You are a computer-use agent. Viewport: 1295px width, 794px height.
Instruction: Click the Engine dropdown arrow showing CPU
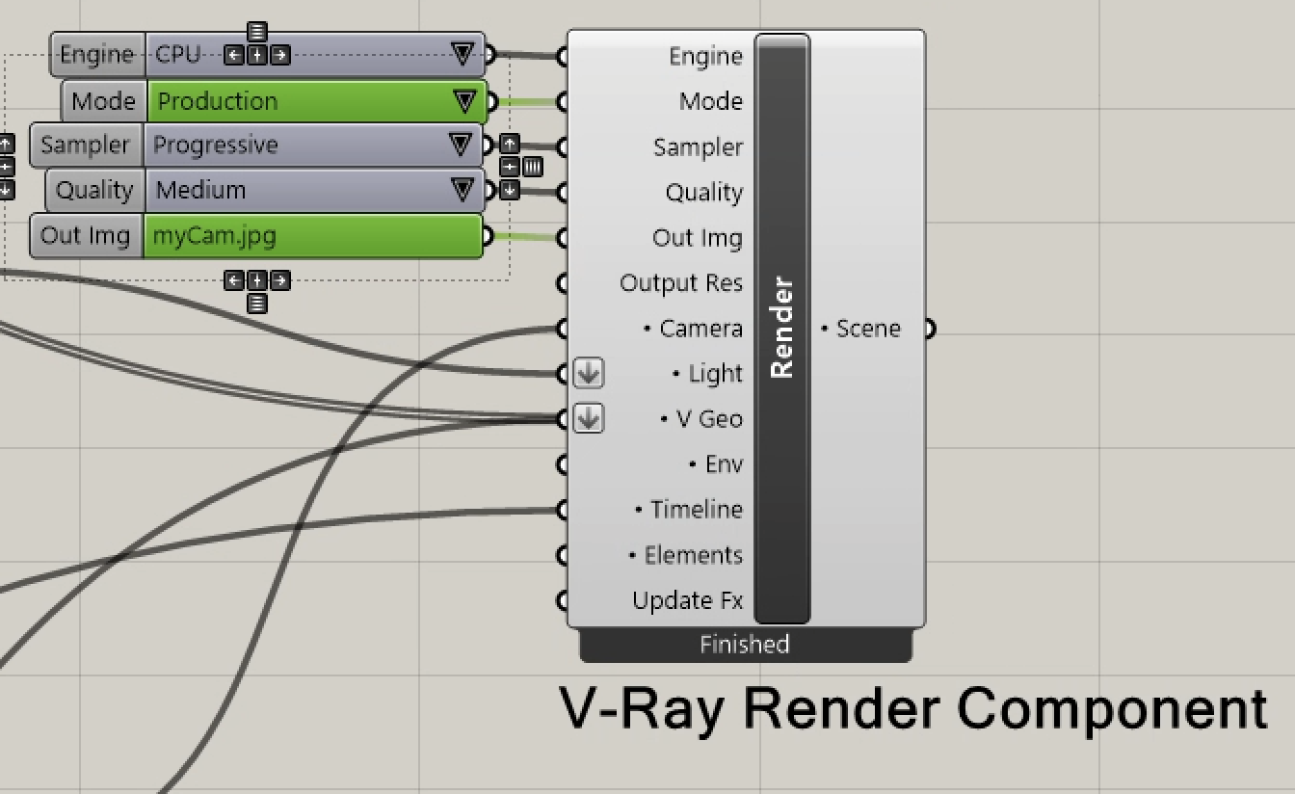click(x=463, y=55)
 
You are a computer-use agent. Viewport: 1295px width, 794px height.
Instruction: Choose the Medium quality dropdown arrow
click(x=463, y=190)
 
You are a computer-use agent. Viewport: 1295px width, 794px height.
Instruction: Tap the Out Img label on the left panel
click(x=86, y=236)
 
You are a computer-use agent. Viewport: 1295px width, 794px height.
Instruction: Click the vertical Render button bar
click(x=781, y=329)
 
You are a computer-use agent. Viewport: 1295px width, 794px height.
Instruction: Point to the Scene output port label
click(x=867, y=329)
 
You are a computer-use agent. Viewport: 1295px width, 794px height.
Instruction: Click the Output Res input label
click(x=681, y=283)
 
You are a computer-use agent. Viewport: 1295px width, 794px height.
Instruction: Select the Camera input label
click(x=700, y=329)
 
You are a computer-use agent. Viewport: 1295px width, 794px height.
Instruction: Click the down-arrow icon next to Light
click(x=589, y=373)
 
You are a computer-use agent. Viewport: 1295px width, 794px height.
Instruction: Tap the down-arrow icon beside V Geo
click(x=589, y=418)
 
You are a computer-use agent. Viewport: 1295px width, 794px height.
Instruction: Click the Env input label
click(x=724, y=464)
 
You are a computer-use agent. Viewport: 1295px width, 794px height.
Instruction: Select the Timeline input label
click(x=696, y=510)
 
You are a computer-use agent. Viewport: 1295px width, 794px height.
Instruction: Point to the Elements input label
click(x=693, y=555)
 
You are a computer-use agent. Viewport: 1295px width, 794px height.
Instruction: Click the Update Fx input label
click(x=687, y=600)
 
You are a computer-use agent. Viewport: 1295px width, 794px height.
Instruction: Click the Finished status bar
click(x=745, y=645)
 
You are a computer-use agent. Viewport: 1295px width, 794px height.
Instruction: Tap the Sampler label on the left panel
click(x=85, y=146)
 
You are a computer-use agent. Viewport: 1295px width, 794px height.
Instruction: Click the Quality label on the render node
click(x=703, y=193)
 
